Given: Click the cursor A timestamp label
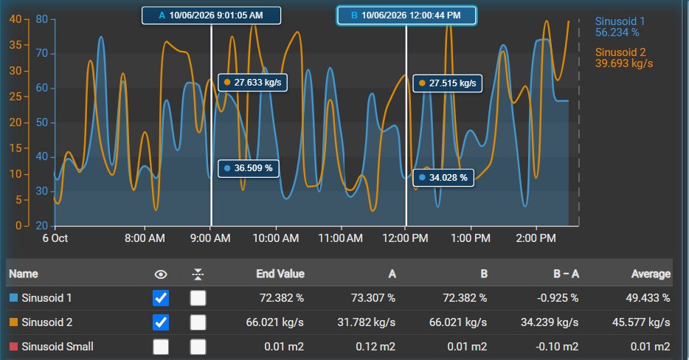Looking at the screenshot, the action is [211, 15].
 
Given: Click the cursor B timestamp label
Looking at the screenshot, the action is [406, 15].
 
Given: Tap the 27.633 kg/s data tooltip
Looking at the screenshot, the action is [253, 83].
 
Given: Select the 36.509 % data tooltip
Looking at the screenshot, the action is [249, 168].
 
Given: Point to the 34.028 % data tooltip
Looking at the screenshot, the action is [443, 178].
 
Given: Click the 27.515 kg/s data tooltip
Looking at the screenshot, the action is [447, 83].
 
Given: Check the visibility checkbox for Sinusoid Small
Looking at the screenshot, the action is [161, 347].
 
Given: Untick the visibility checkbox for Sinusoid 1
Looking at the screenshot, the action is [161, 298].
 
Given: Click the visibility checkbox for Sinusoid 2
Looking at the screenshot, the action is [161, 322].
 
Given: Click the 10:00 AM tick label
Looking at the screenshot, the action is [275, 238].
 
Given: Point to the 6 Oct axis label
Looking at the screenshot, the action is [55, 238].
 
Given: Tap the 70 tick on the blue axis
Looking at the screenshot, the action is [42, 54].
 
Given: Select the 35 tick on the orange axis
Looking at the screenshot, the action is [15, 45].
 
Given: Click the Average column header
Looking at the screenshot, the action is [651, 274].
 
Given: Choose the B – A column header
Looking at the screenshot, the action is [566, 274].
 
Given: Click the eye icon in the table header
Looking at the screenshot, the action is [161, 274].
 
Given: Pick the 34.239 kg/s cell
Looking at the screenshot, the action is [550, 322].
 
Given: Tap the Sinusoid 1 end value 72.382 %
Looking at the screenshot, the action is [282, 298].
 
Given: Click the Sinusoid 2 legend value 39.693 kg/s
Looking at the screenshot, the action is [624, 63].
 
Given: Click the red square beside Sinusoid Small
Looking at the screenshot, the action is [13, 347].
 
